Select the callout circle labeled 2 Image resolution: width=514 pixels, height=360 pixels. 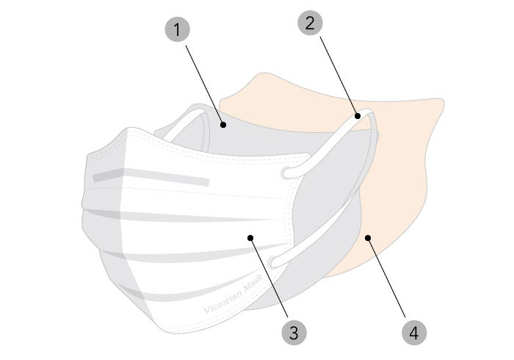point(310,22)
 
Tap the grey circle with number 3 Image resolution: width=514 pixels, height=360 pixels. point(294,332)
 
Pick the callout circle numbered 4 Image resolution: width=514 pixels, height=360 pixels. point(414,332)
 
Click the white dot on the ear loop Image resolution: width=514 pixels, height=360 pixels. point(358,115)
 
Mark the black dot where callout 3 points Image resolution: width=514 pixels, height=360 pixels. point(250,237)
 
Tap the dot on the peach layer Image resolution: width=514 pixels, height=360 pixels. point(368,237)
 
